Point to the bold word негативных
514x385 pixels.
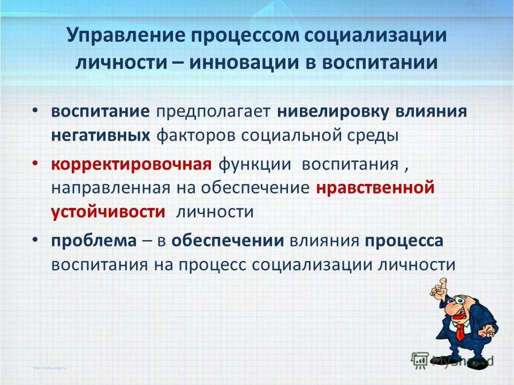(101, 135)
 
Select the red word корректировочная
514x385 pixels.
(132, 164)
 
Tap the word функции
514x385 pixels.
(254, 164)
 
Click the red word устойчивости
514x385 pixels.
(108, 211)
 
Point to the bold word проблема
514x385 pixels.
(94, 241)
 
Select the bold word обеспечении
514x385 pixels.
(228, 241)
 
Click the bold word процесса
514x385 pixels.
(404, 241)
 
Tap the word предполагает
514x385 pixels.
(213, 113)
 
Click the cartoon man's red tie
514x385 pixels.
(460, 331)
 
